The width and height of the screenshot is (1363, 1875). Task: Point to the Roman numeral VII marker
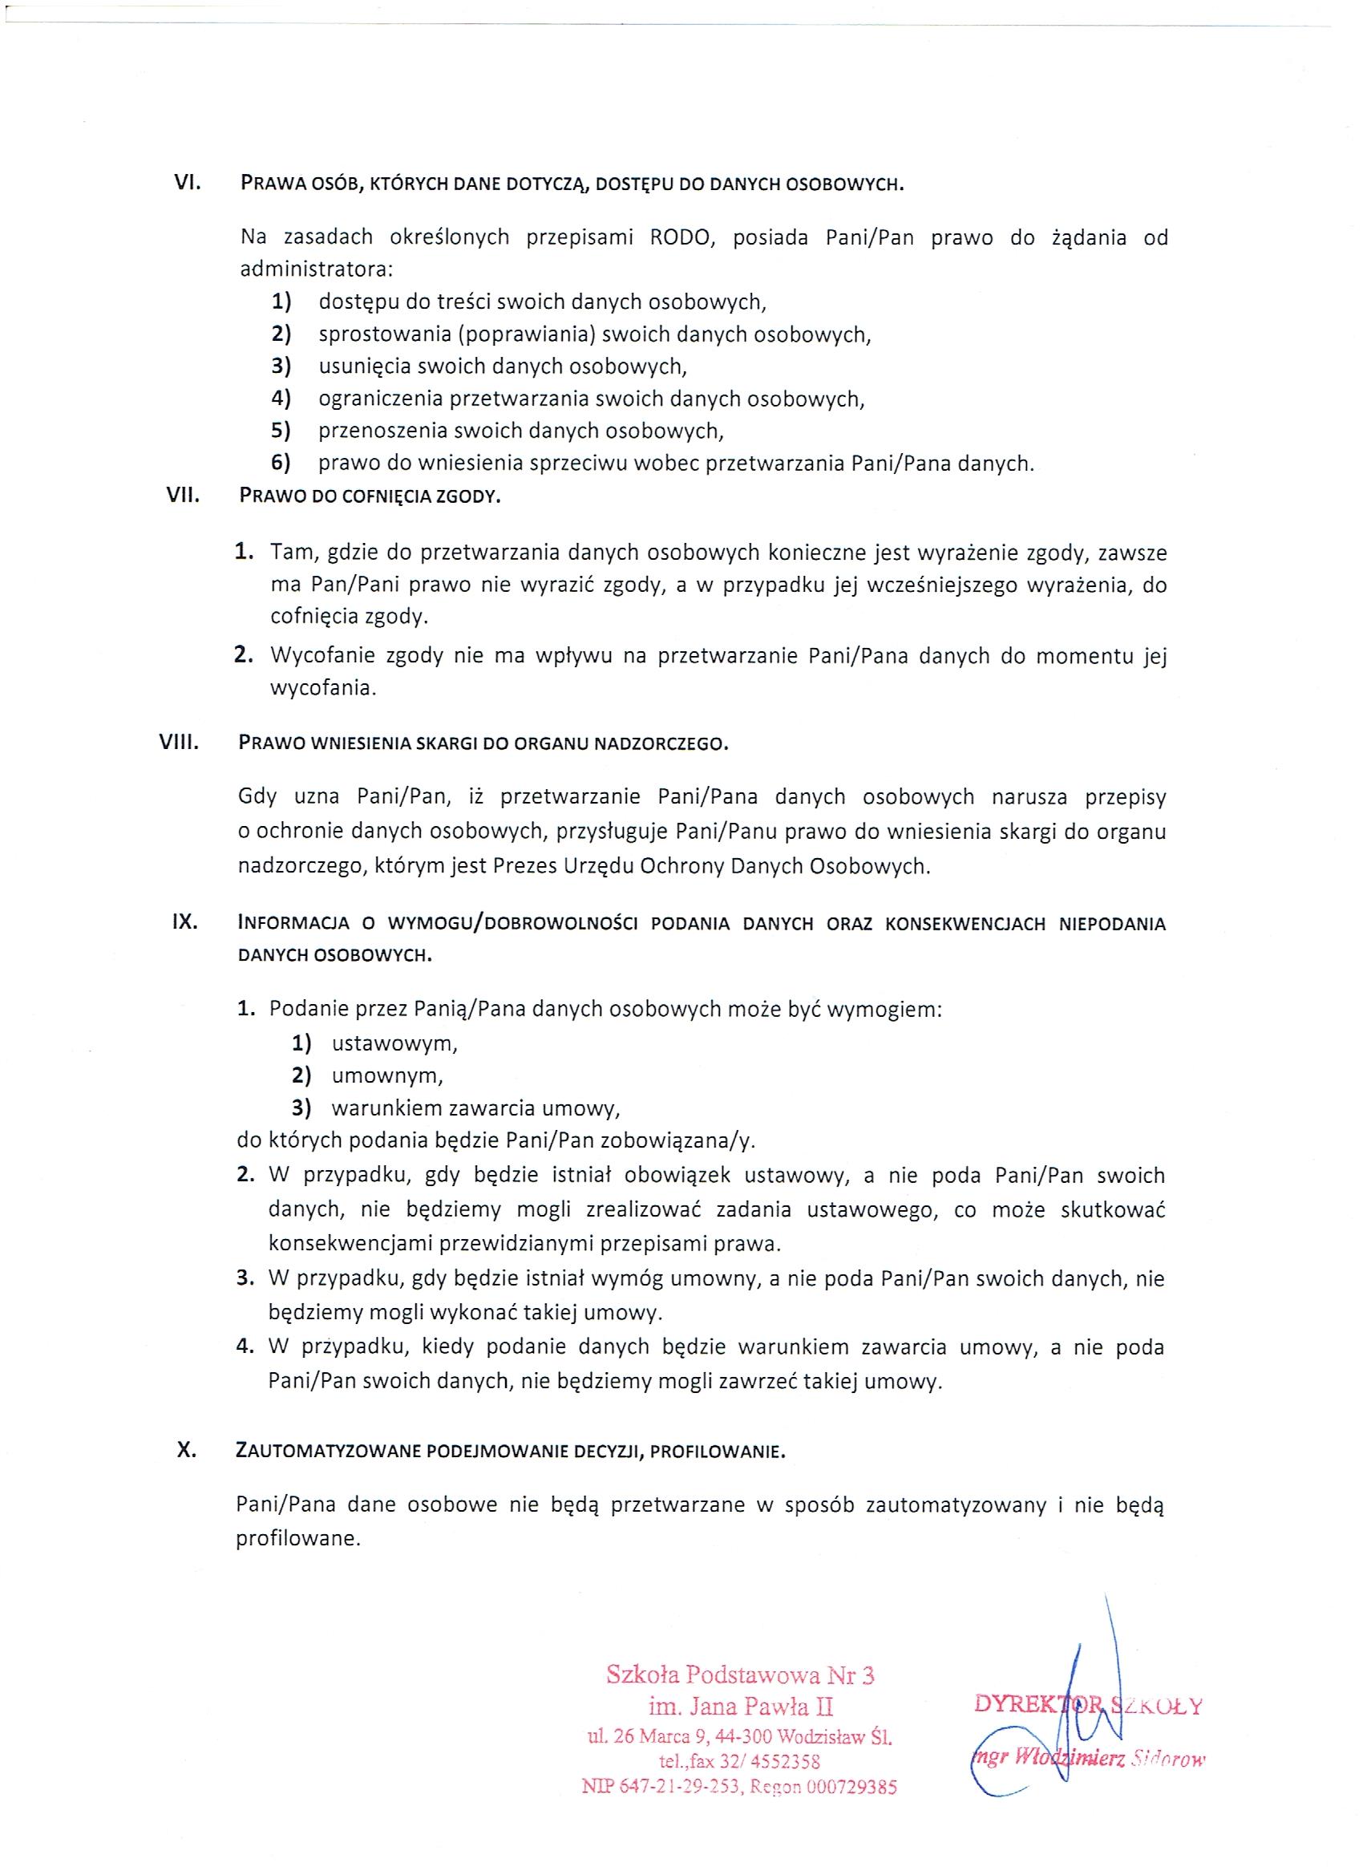(x=184, y=496)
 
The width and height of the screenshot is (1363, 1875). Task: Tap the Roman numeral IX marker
(x=184, y=922)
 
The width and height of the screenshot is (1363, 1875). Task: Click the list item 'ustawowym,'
(x=394, y=1043)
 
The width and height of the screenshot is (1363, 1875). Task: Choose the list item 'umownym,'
(x=386, y=1075)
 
